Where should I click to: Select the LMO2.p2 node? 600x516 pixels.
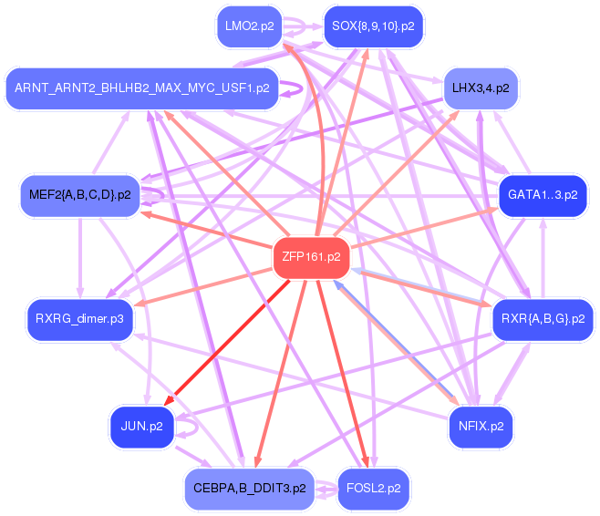pos(249,26)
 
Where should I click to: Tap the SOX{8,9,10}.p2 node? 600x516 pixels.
pos(373,26)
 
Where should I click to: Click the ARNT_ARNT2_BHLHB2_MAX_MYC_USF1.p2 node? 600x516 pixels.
pos(141,88)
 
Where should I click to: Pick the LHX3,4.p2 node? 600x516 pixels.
pos(480,88)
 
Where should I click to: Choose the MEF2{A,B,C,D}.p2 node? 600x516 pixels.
pos(79,195)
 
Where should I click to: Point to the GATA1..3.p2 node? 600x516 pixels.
pos(542,195)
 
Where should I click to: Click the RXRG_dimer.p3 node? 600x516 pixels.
pos(79,318)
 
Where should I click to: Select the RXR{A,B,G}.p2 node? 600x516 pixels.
pos(543,318)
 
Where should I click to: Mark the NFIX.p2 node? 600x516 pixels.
pos(481,426)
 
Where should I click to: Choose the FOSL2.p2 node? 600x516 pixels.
pos(373,488)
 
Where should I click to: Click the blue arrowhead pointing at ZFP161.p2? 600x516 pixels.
pos(339,285)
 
